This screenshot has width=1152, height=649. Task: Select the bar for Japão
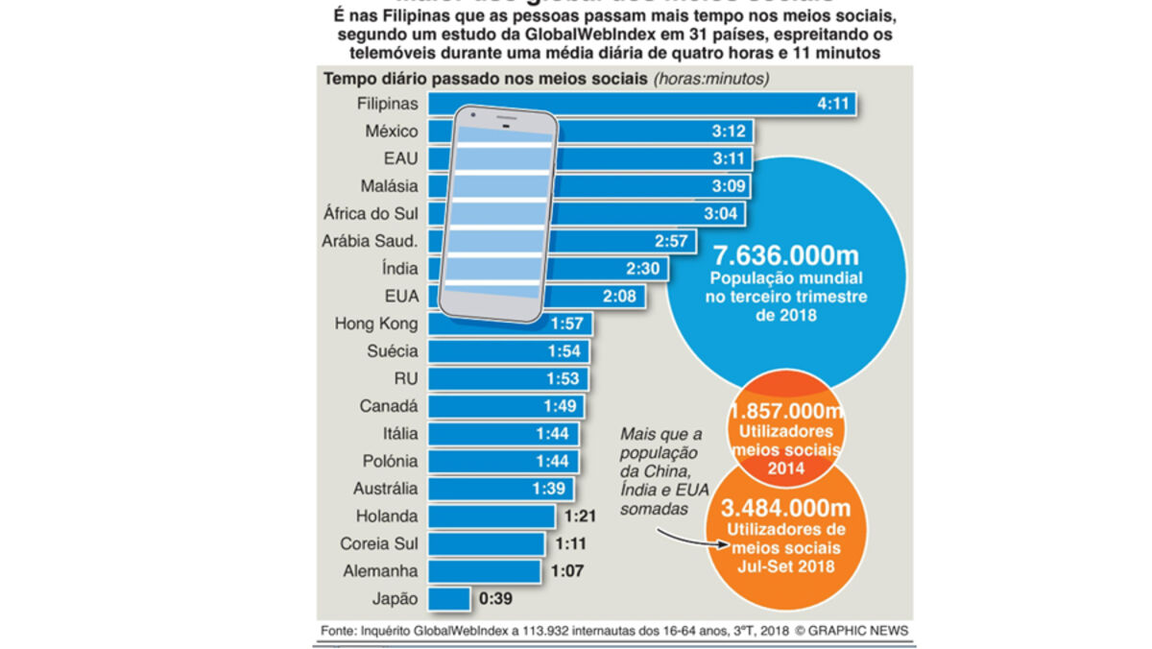pos(448,598)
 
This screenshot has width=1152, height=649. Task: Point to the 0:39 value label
pos(494,598)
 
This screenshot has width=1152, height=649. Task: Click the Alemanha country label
pos(381,571)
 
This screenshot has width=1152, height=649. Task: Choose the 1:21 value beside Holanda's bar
pos(581,517)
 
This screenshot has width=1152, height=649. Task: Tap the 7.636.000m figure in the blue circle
pos(785,255)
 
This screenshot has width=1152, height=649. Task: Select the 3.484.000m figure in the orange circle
pos(787,507)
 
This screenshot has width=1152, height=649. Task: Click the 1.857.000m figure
pos(786,411)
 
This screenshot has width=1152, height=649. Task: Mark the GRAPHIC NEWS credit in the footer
pos(856,630)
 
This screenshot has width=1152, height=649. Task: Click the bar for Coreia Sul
pos(488,543)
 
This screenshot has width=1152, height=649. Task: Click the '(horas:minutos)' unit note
pos(711,79)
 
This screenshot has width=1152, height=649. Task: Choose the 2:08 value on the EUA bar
pos(619,296)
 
